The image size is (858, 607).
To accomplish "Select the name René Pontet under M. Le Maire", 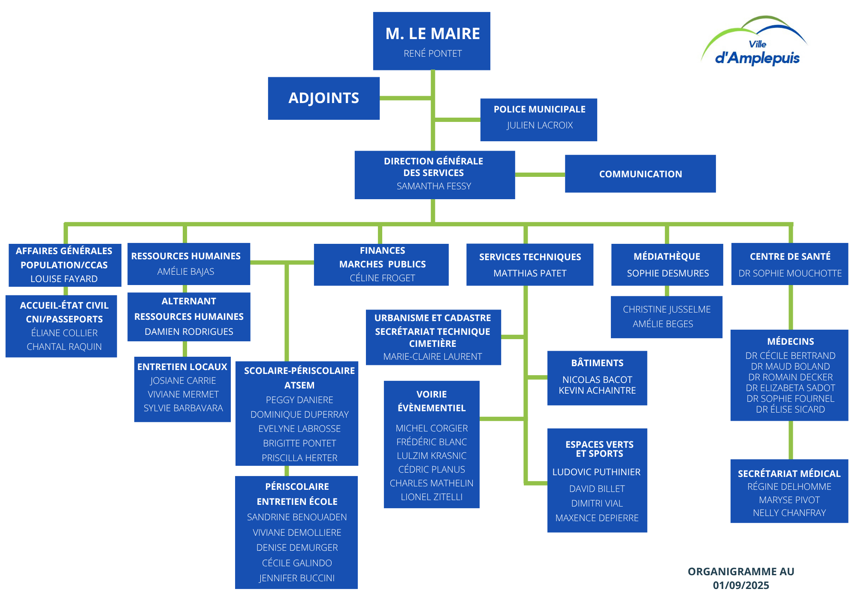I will point(432,54).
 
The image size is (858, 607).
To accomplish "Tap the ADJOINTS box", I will point(323,98).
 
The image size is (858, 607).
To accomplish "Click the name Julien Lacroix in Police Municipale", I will point(540,125).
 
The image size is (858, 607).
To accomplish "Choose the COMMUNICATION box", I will point(640,174).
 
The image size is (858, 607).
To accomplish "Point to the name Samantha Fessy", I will point(434,186).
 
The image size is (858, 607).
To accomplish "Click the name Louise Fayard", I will point(64,279).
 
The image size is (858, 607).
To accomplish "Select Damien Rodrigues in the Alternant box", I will point(189,332).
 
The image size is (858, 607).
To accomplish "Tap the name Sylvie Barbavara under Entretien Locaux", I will point(183,408).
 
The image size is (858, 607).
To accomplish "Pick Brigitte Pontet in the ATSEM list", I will point(299,443).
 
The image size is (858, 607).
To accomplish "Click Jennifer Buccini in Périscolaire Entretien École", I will point(297,578).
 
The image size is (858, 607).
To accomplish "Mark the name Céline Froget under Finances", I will point(382,278).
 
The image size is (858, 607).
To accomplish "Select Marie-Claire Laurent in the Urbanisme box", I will point(432,357).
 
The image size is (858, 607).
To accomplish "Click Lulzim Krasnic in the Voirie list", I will point(432,456).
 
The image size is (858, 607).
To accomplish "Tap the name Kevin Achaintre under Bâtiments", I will point(597,391).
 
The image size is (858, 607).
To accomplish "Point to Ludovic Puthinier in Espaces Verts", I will point(596,472).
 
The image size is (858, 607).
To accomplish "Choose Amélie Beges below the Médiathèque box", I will point(663,324).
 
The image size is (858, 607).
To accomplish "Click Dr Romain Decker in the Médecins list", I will point(790,377).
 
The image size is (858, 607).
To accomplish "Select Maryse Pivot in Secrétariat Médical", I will point(789,500).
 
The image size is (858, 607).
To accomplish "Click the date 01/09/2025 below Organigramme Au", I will point(741,586).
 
